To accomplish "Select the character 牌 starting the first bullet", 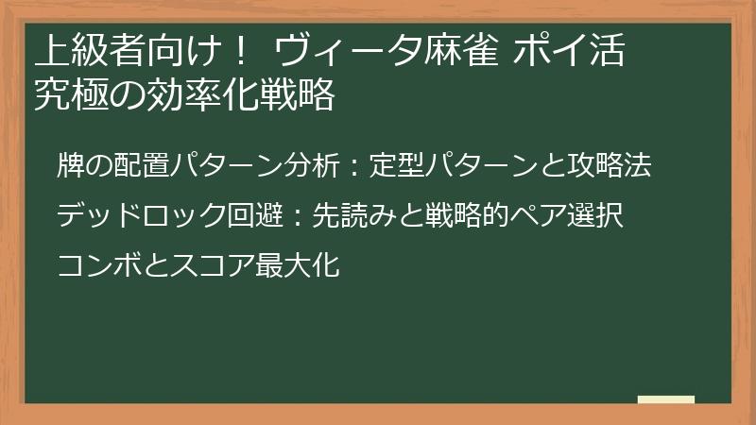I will [x=70, y=164].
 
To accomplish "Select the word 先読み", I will [x=354, y=214].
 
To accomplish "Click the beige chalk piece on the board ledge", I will [x=665, y=399].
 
